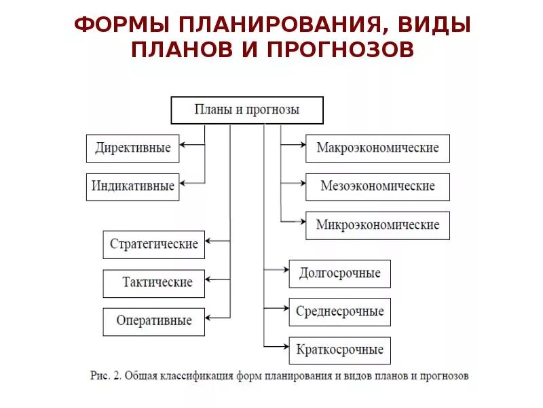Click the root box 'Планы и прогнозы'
pyautogui.click(x=246, y=110)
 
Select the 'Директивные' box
pyautogui.click(x=133, y=148)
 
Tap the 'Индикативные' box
pyautogui.click(x=133, y=186)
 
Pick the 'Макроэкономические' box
pyautogui.click(x=377, y=148)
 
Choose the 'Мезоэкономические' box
pyautogui.click(x=377, y=186)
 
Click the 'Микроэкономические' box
pyautogui.click(x=377, y=225)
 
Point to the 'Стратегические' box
pyautogui.click(x=153, y=244)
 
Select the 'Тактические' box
pyautogui.click(x=153, y=283)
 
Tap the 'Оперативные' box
pyautogui.click(x=153, y=321)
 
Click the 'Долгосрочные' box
pyautogui.click(x=339, y=273)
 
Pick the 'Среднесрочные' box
pyautogui.click(x=339, y=311)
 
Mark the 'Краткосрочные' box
pyautogui.click(x=339, y=350)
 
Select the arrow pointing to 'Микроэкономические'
pyautogui.click(x=293, y=221)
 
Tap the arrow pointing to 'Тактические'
pyautogui.click(x=217, y=279)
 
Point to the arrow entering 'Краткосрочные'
pyautogui.click(x=276, y=346)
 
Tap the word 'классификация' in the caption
pyautogui.click(x=214, y=375)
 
